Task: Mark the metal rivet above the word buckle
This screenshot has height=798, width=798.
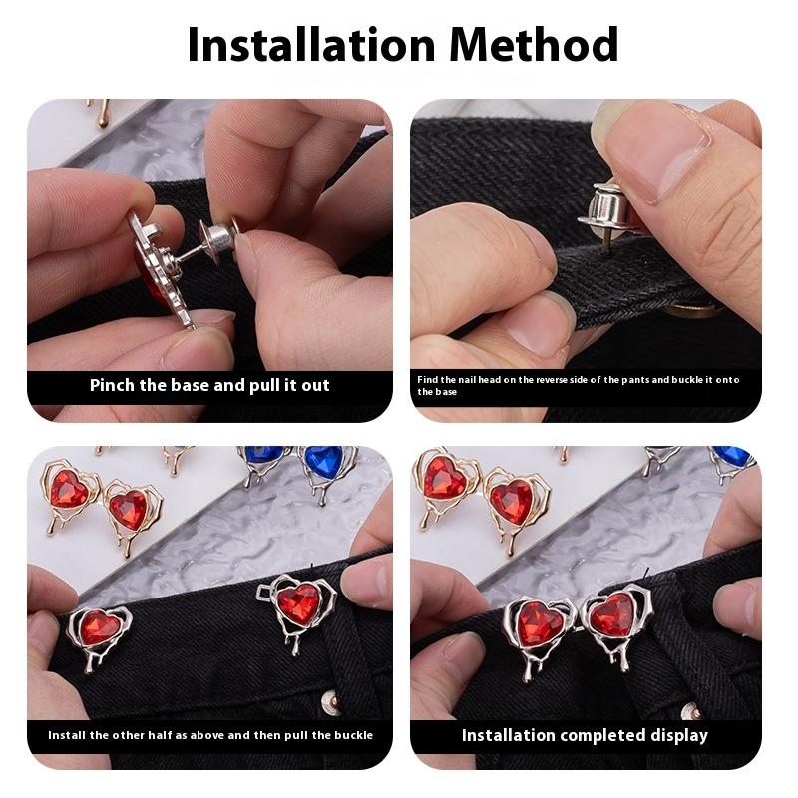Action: pyautogui.click(x=331, y=702)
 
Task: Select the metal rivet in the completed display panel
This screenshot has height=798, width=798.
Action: pyautogui.click(x=691, y=709)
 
